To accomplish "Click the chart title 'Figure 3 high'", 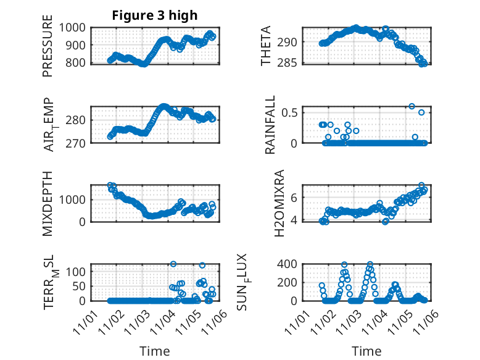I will point(154,15).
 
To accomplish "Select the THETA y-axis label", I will point(266,46).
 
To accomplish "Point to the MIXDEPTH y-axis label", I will point(48,203).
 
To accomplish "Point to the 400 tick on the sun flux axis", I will point(291,264).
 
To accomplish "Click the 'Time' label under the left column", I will point(154,351).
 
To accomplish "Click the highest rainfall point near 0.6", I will point(412,106).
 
